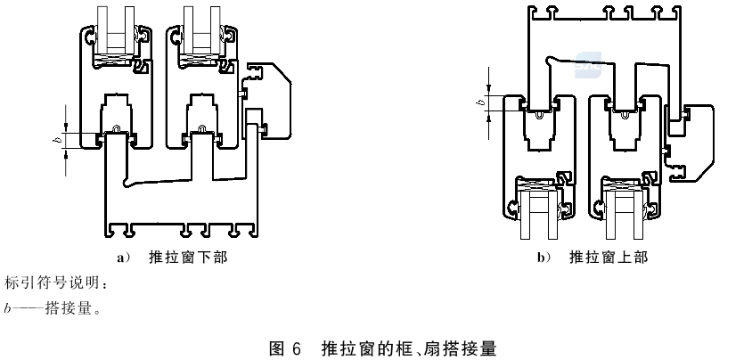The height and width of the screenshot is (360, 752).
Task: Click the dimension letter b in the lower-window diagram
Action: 57,140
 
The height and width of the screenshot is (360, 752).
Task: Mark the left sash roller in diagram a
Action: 117,133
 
